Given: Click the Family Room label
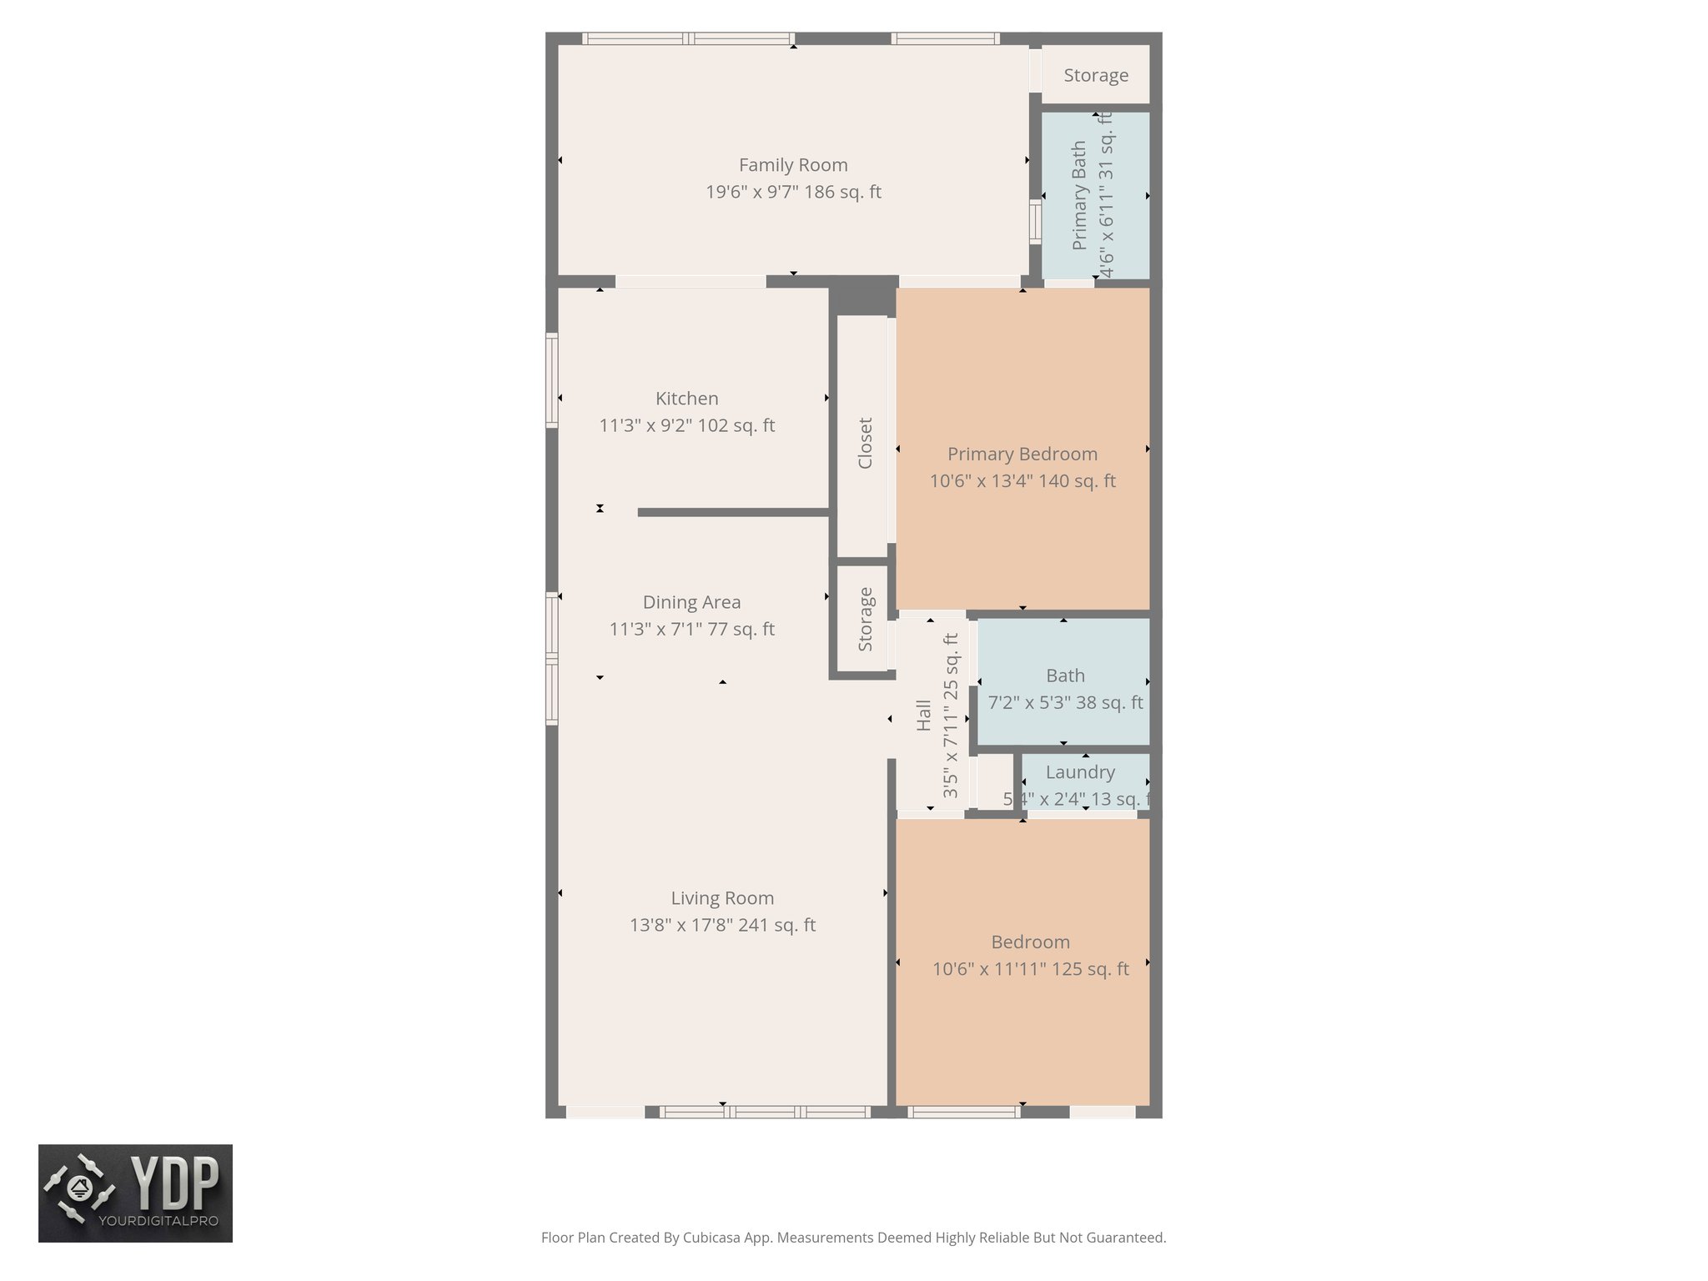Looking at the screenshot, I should (792, 165).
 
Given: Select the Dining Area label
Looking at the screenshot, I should (691, 602).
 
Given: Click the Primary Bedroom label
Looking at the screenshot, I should (1022, 454).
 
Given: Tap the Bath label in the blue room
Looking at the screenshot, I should (1065, 676).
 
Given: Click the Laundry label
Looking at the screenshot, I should (1080, 772).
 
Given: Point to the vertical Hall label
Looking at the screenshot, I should (923, 716).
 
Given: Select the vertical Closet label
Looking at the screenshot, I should (865, 443).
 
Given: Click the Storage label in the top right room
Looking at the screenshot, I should (1096, 75).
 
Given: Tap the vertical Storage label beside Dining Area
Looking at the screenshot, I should (865, 620).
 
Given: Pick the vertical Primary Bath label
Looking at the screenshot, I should (1079, 195).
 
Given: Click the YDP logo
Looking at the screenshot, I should (135, 1193).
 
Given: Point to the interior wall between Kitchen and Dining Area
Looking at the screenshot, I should (734, 512).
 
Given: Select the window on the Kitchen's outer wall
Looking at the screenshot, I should (551, 380).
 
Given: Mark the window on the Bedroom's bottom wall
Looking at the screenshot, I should (963, 1112).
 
